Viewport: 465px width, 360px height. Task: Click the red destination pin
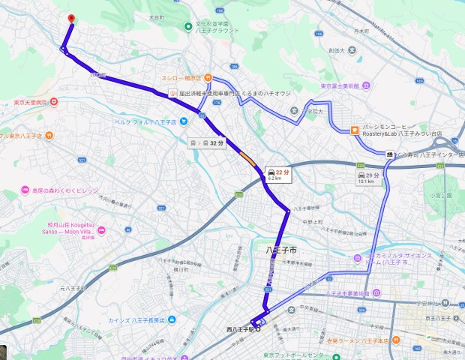tap(70, 19)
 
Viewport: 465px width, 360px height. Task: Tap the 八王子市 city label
tap(283, 248)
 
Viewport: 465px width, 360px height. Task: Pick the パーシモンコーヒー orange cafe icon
tap(354, 129)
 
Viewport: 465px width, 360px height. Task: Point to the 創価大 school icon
tap(349, 50)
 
